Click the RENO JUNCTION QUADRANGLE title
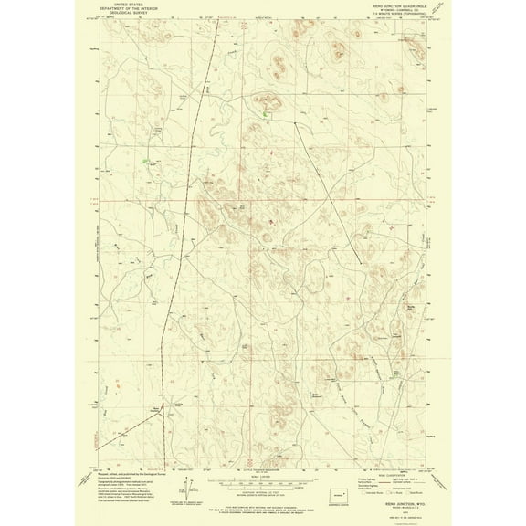click(x=399, y=5)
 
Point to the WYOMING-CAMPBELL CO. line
click(x=399, y=9)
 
